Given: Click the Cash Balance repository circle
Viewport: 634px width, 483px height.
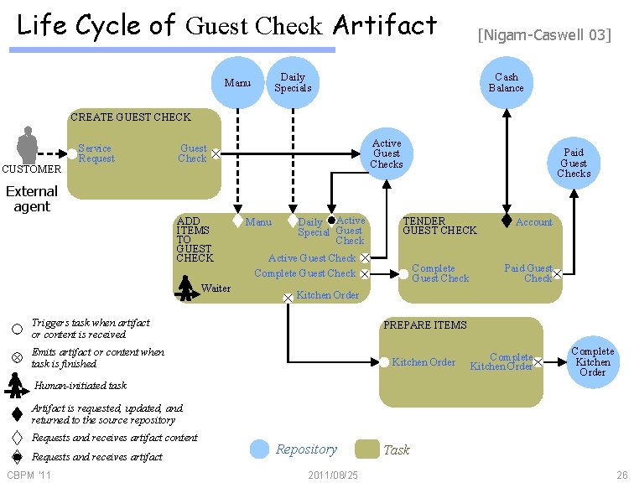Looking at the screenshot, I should coord(506,82).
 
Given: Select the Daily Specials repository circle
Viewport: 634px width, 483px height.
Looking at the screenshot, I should coord(293,82).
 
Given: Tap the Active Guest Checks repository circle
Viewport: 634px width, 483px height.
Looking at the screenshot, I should coord(387,154).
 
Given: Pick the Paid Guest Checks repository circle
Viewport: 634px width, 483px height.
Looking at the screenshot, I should coord(574,163).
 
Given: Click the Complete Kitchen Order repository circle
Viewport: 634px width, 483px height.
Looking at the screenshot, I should coord(592,361).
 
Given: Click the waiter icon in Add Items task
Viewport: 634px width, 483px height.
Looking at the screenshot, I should coord(185,288).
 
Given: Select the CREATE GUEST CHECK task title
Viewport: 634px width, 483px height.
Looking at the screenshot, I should coord(131,117).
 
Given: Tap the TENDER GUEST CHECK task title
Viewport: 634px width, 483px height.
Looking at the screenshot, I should coord(439,226).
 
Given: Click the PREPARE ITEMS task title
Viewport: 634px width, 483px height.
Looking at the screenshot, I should coord(425,325).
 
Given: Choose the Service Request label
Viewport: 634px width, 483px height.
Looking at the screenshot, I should coord(96,153).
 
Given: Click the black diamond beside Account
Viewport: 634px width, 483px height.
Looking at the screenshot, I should coord(507,221).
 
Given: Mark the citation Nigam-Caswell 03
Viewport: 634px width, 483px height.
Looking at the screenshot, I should coord(544,35).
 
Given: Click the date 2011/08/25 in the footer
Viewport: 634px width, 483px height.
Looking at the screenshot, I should coord(333,475).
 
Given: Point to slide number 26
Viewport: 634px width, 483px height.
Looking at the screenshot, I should coord(621,475).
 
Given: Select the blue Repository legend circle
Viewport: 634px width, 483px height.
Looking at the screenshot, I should coord(260,449).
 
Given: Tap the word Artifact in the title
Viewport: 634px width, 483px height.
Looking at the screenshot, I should coord(385,25).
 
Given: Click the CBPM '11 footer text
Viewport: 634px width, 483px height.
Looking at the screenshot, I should coord(29,475).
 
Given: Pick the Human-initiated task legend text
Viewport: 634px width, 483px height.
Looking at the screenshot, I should coord(81,386).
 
